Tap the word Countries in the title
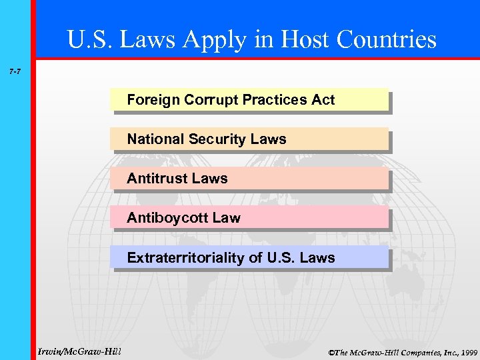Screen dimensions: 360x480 coord(389,40)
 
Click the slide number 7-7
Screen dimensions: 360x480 coord(14,69)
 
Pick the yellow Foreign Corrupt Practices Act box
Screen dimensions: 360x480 coord(249,100)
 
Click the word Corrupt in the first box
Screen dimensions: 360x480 coord(207,100)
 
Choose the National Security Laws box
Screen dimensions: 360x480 coord(249,139)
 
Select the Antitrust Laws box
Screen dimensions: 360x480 coord(249,179)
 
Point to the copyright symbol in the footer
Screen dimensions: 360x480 coord(331,351)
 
